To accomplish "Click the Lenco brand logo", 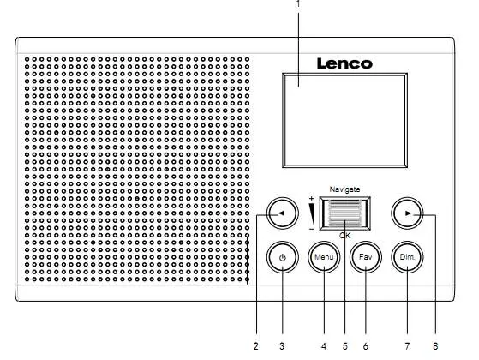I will tap(344, 63).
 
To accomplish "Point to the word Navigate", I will tap(344, 189).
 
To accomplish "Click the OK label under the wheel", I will tap(344, 235).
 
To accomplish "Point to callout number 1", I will tap(298, 4).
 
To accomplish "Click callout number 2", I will tap(255, 346).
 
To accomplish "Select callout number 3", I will tap(282, 346).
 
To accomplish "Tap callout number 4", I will tap(324, 346).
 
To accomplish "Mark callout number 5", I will tap(344, 346).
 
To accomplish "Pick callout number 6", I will tap(365, 346).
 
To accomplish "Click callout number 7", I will tap(408, 346).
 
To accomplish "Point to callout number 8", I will tap(435, 346).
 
